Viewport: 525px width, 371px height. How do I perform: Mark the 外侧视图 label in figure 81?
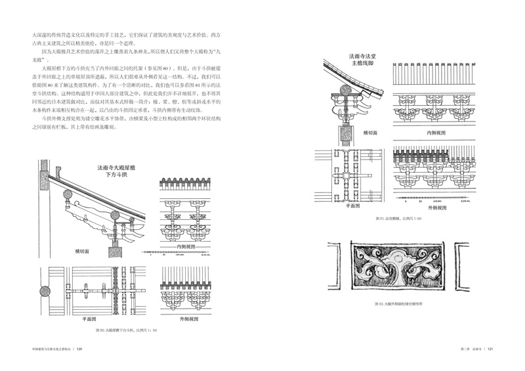[422, 204]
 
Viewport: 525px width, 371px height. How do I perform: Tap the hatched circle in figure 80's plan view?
[45, 292]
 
